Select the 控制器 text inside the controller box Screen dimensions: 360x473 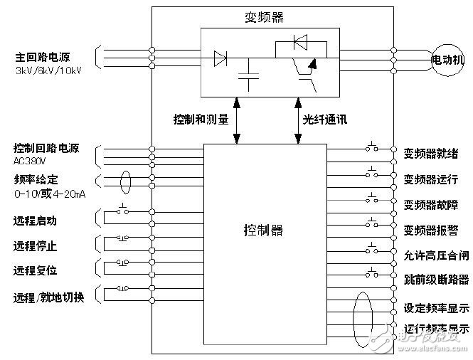(x=263, y=230)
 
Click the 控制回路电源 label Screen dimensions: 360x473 (x=46, y=149)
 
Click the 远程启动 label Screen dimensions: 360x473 (x=36, y=221)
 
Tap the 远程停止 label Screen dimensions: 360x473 (x=36, y=246)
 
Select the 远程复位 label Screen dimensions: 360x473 (x=36, y=270)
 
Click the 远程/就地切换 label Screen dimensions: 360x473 (x=49, y=297)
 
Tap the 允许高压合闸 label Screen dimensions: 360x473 (x=436, y=255)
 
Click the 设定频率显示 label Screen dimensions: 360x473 (x=436, y=308)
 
